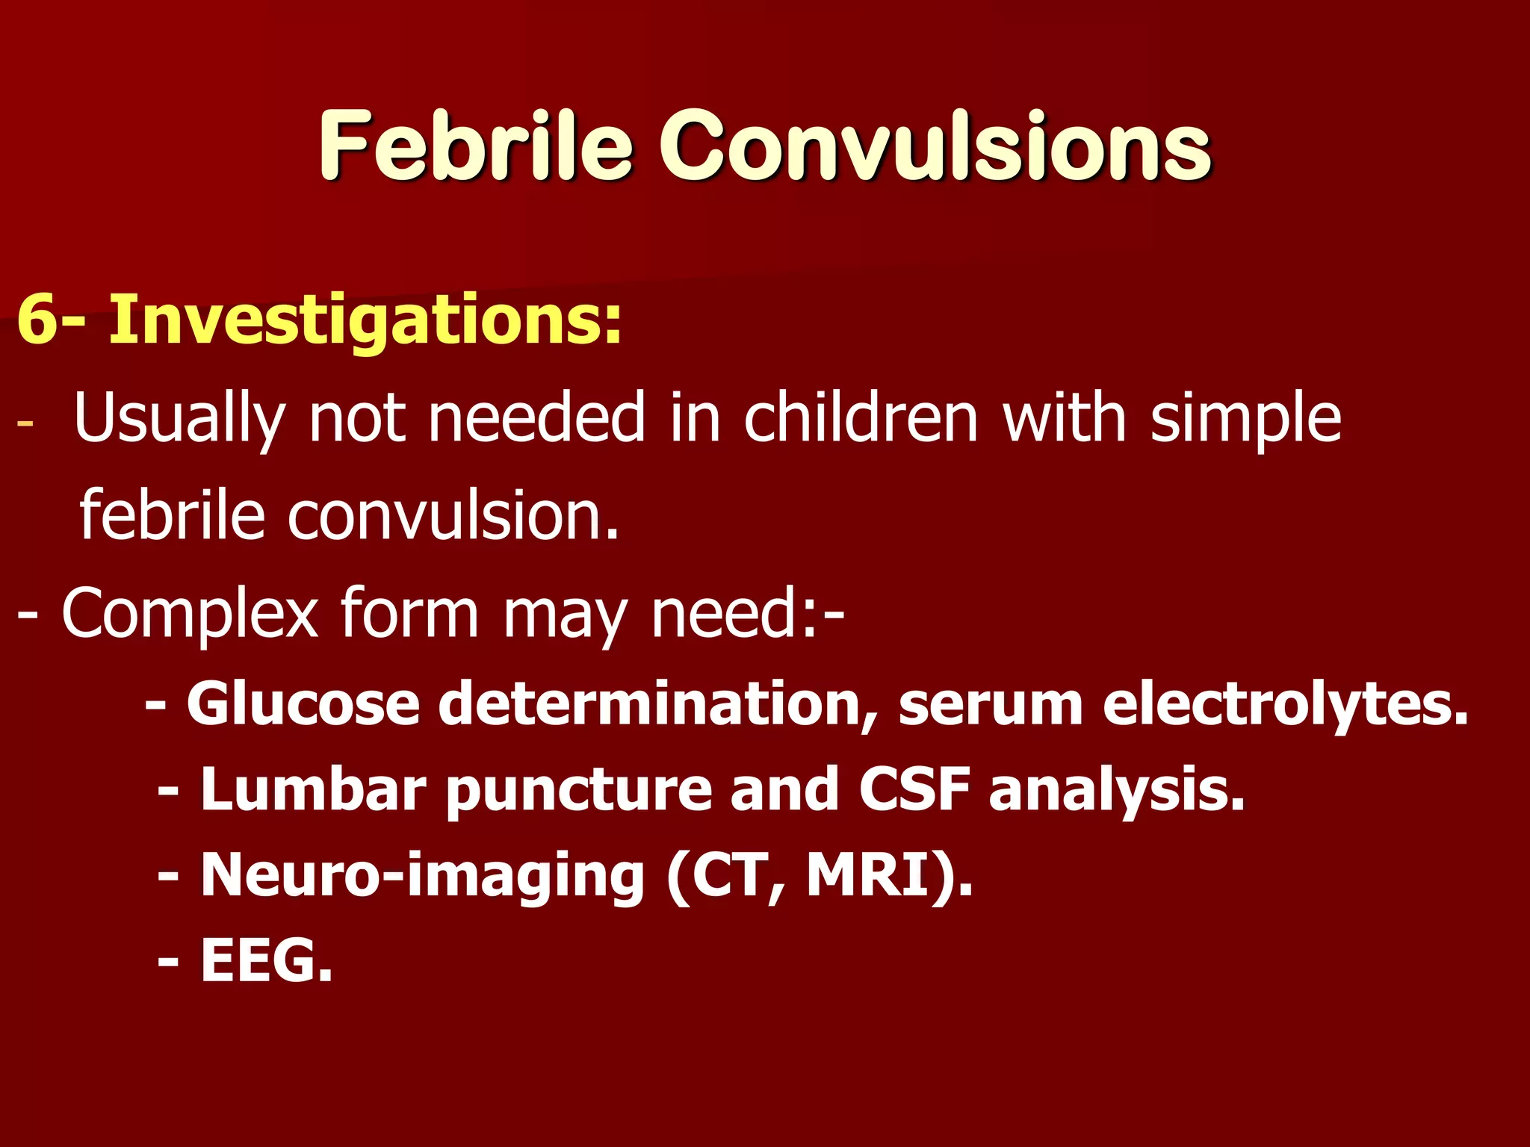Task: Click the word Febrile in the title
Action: pyautogui.click(x=476, y=145)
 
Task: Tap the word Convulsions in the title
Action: pyautogui.click(x=935, y=145)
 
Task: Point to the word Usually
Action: pyautogui.click(x=179, y=418)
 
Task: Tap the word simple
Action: pyautogui.click(x=1245, y=418)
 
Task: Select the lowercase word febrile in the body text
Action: pyautogui.click(x=172, y=515)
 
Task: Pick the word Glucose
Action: pyautogui.click(x=303, y=703)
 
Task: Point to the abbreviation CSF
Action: pyautogui.click(x=914, y=789)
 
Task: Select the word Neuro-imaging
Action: pyautogui.click(x=422, y=875)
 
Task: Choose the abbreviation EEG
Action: pyautogui.click(x=265, y=961)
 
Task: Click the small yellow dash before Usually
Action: pyautogui.click(x=25, y=423)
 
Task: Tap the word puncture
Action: pyautogui.click(x=579, y=789)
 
